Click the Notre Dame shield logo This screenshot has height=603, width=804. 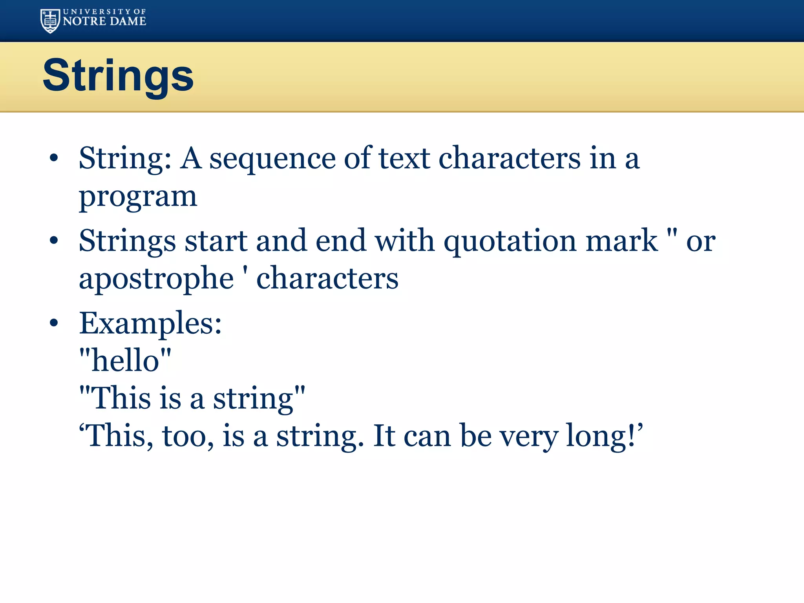pyautogui.click(x=50, y=21)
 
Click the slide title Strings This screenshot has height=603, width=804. pyautogui.click(x=118, y=75)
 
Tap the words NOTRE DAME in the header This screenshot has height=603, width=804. pyautogui.click(x=104, y=21)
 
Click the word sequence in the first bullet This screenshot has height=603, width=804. pyautogui.click(x=272, y=159)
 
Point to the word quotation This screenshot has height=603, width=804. pyautogui.click(x=510, y=241)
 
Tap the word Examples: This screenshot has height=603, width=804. pyautogui.click(x=150, y=324)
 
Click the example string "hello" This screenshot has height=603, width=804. pyautogui.click(x=125, y=360)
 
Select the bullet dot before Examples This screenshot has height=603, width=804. pyautogui.click(x=54, y=323)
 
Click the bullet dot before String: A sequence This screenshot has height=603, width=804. pyautogui.click(x=54, y=158)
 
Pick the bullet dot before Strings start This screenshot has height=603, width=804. pyautogui.click(x=54, y=241)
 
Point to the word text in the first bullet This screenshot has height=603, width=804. pyautogui.click(x=404, y=158)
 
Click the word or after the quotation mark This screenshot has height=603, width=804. pyautogui.click(x=701, y=241)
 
